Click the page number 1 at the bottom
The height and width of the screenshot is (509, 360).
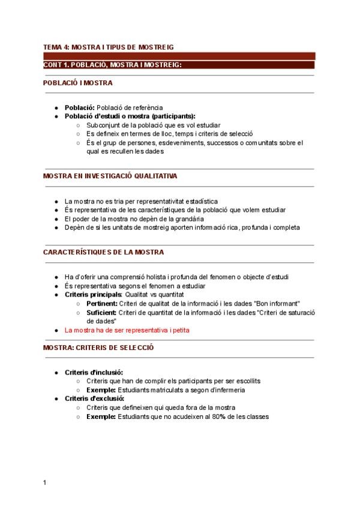45,482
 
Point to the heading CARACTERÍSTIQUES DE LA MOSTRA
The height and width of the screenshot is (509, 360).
103,252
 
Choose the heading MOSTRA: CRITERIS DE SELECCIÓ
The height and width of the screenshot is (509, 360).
98,347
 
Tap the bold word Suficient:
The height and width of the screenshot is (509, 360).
101,312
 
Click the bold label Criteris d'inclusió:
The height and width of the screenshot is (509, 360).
94,372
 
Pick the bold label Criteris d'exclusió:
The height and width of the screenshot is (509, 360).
94,398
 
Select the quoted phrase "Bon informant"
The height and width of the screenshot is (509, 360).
278,304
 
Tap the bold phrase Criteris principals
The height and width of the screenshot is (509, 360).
93,295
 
